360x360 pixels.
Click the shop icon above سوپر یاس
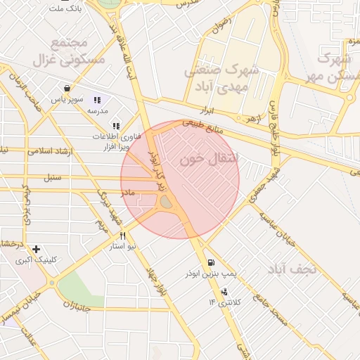pyautogui.click(x=67, y=89)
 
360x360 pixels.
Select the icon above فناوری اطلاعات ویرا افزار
pyautogui.click(x=116, y=126)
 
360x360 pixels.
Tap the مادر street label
pyautogui.click(x=127, y=191)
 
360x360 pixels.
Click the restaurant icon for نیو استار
pyautogui.click(x=122, y=236)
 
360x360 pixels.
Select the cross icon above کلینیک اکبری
pyautogui.click(x=36, y=248)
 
